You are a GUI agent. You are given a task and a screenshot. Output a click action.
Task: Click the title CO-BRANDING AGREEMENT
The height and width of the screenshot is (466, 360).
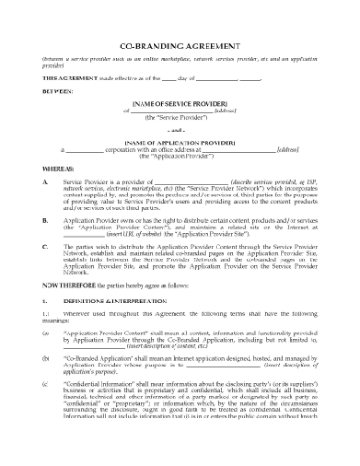180,46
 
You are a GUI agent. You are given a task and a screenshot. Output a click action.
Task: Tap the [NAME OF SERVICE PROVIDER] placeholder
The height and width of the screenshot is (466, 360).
180,105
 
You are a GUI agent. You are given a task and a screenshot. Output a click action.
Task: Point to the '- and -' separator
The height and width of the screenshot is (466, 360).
180,131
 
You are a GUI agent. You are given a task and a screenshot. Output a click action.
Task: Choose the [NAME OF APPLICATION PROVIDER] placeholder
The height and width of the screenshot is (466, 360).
180,142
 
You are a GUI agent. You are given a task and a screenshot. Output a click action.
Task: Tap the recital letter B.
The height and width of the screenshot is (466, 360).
46,221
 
